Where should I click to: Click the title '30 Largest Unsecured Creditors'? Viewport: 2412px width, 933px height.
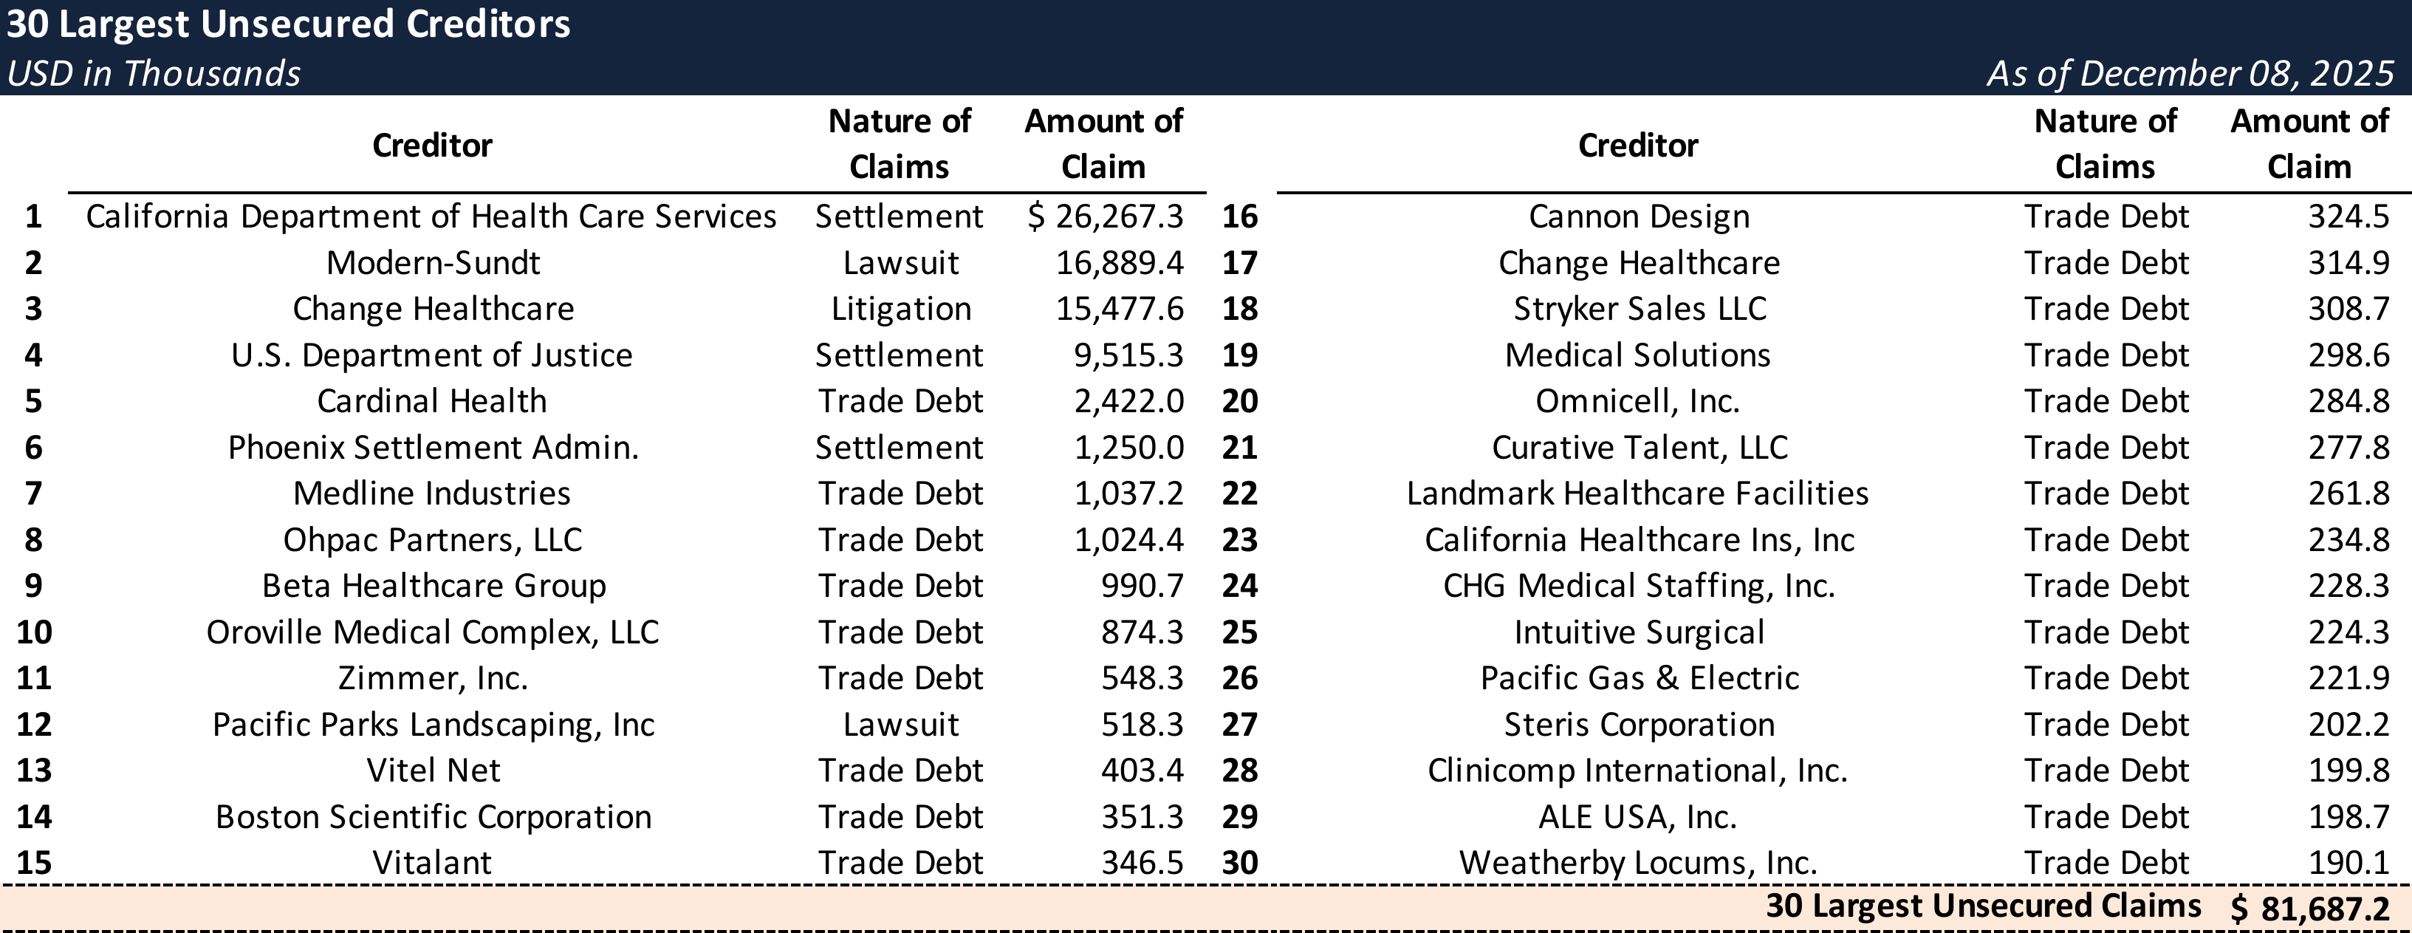(288, 24)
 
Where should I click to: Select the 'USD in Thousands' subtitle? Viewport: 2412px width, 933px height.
(154, 73)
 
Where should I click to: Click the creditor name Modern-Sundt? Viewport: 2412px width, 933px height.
(433, 263)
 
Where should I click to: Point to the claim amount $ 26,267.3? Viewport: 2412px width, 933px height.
(1106, 217)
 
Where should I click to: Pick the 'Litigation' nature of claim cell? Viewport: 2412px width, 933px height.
(901, 309)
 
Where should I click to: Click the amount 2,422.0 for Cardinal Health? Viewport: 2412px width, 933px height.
(1128, 402)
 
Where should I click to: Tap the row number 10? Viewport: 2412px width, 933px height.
(34, 632)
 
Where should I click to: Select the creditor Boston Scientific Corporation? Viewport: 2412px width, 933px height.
(434, 817)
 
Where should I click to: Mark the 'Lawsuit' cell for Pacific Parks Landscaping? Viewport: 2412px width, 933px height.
(901, 725)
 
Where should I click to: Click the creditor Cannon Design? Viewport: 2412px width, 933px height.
(1639, 217)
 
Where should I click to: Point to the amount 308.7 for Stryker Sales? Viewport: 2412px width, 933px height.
(2348, 309)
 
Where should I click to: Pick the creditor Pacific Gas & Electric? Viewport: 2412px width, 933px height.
(1639, 678)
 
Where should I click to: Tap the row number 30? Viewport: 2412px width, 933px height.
(1240, 863)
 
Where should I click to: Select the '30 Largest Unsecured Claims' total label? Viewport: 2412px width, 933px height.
(1983, 906)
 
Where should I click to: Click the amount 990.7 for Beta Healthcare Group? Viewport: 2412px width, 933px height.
(1142, 587)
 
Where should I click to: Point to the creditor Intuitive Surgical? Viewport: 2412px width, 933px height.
(1639, 632)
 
